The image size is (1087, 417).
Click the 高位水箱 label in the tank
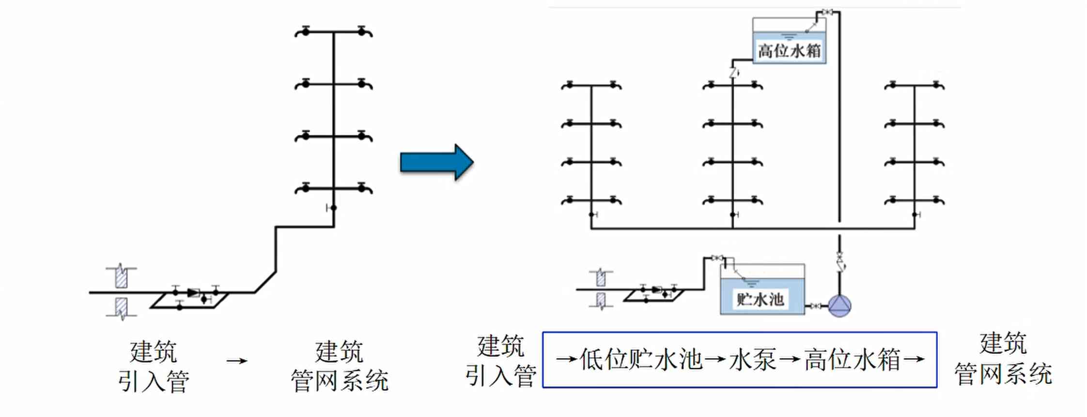(x=790, y=51)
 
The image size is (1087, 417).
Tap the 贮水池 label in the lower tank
(x=761, y=299)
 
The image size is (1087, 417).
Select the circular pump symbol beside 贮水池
(x=839, y=305)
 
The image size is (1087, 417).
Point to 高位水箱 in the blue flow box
(x=853, y=360)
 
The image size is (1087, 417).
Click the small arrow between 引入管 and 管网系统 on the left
(x=237, y=361)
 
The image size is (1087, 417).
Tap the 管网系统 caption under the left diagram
(x=340, y=380)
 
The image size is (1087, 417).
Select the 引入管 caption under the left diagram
(x=154, y=381)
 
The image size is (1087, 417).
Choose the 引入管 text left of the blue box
(x=501, y=375)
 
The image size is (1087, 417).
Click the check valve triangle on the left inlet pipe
(x=194, y=292)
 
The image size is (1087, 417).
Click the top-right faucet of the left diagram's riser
(x=364, y=32)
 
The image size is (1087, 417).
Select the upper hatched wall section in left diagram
(x=121, y=277)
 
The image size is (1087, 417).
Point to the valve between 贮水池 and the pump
(x=815, y=306)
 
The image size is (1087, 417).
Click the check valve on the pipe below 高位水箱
(x=733, y=73)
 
